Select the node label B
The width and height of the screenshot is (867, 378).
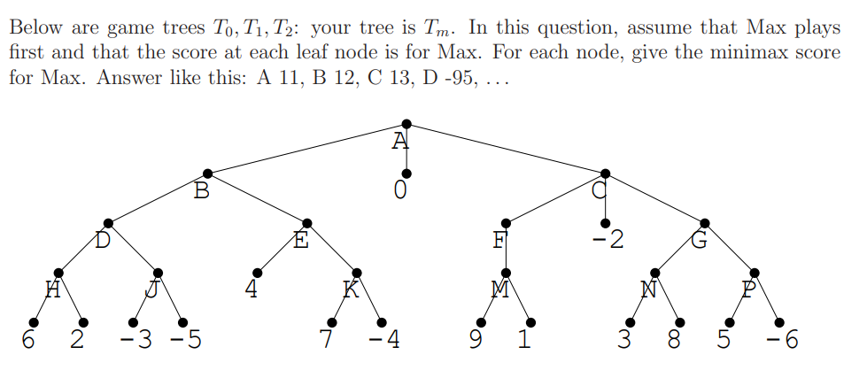click(x=202, y=190)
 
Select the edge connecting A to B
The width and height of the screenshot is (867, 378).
click(x=306, y=147)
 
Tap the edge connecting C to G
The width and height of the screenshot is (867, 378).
click(x=655, y=197)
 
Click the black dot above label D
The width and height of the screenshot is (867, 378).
click(x=108, y=222)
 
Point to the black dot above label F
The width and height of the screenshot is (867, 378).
click(x=506, y=222)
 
